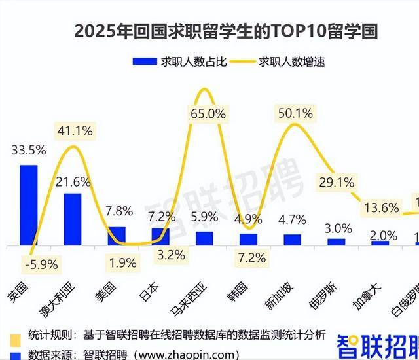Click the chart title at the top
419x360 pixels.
pyautogui.click(x=227, y=31)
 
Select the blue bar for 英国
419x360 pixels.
pyautogui.click(x=29, y=205)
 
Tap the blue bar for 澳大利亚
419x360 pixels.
pyautogui.click(x=73, y=219)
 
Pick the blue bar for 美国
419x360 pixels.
pyautogui.click(x=117, y=236)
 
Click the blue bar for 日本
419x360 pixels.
pyautogui.click(x=160, y=236)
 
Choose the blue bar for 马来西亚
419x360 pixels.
pyautogui.click(x=204, y=238)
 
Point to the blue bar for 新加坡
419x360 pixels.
pyautogui.click(x=292, y=240)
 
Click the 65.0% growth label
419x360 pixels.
pyautogui.click(x=207, y=113)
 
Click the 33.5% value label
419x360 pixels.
pyautogui.click(x=29, y=150)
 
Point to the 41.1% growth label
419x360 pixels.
pyautogui.click(x=75, y=130)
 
